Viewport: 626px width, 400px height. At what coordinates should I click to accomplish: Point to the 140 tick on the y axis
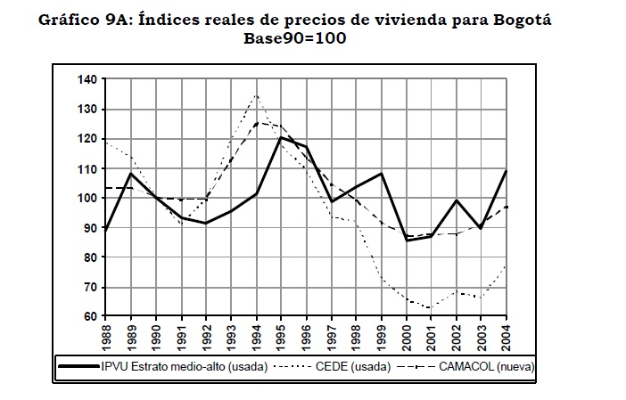[x=86, y=79]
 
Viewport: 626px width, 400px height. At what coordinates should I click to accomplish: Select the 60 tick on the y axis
[x=90, y=316]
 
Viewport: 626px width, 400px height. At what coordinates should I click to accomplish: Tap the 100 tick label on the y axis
[x=86, y=198]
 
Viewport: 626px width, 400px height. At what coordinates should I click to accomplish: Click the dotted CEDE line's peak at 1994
[x=257, y=94]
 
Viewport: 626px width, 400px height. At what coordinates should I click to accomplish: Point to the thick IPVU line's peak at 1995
[x=282, y=137]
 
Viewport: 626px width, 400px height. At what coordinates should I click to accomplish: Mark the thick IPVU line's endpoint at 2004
[x=507, y=170]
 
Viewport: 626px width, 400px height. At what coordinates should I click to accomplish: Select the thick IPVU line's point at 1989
[x=132, y=173]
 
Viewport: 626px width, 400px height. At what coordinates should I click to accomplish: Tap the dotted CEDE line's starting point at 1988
[x=107, y=142]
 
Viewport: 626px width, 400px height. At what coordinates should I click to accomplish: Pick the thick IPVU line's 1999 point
[x=382, y=173]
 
